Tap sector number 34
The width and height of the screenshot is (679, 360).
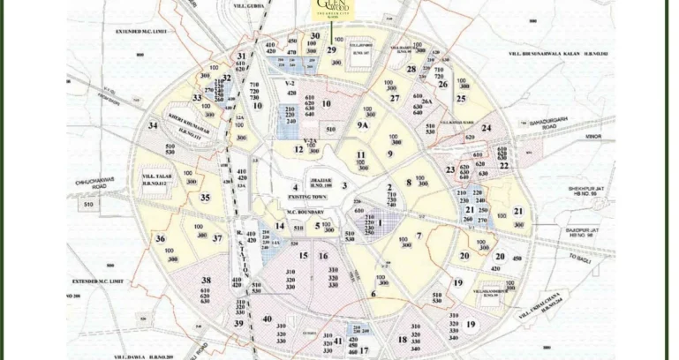(153, 126)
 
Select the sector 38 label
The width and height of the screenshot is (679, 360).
(206, 280)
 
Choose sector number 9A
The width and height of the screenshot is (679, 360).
(362, 126)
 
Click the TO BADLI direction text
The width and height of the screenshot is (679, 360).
(580, 259)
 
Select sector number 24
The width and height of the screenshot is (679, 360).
(486, 128)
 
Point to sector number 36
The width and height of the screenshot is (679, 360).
(160, 238)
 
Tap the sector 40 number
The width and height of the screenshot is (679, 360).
(267, 319)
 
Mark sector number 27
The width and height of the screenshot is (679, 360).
(395, 98)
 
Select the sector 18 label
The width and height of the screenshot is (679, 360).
(402, 340)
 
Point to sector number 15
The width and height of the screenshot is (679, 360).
(303, 256)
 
